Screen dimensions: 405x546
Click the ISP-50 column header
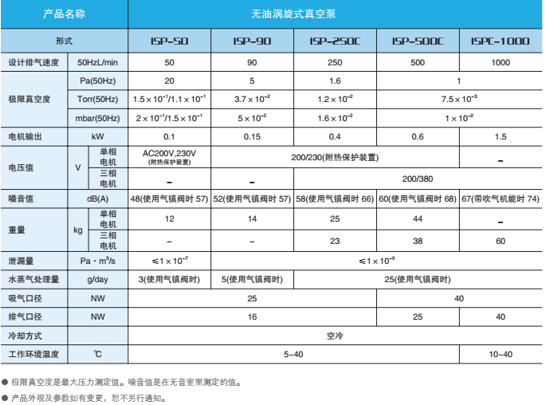169,39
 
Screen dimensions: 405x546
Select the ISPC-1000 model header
501,39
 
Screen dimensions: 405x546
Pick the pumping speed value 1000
501,62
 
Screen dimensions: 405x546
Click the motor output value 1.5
501,136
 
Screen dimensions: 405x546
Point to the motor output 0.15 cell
252,136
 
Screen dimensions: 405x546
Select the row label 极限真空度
29,99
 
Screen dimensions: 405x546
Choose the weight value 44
418,218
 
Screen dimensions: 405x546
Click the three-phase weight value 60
501,241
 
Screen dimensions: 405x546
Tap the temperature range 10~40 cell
501,354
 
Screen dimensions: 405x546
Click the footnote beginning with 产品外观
88,397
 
